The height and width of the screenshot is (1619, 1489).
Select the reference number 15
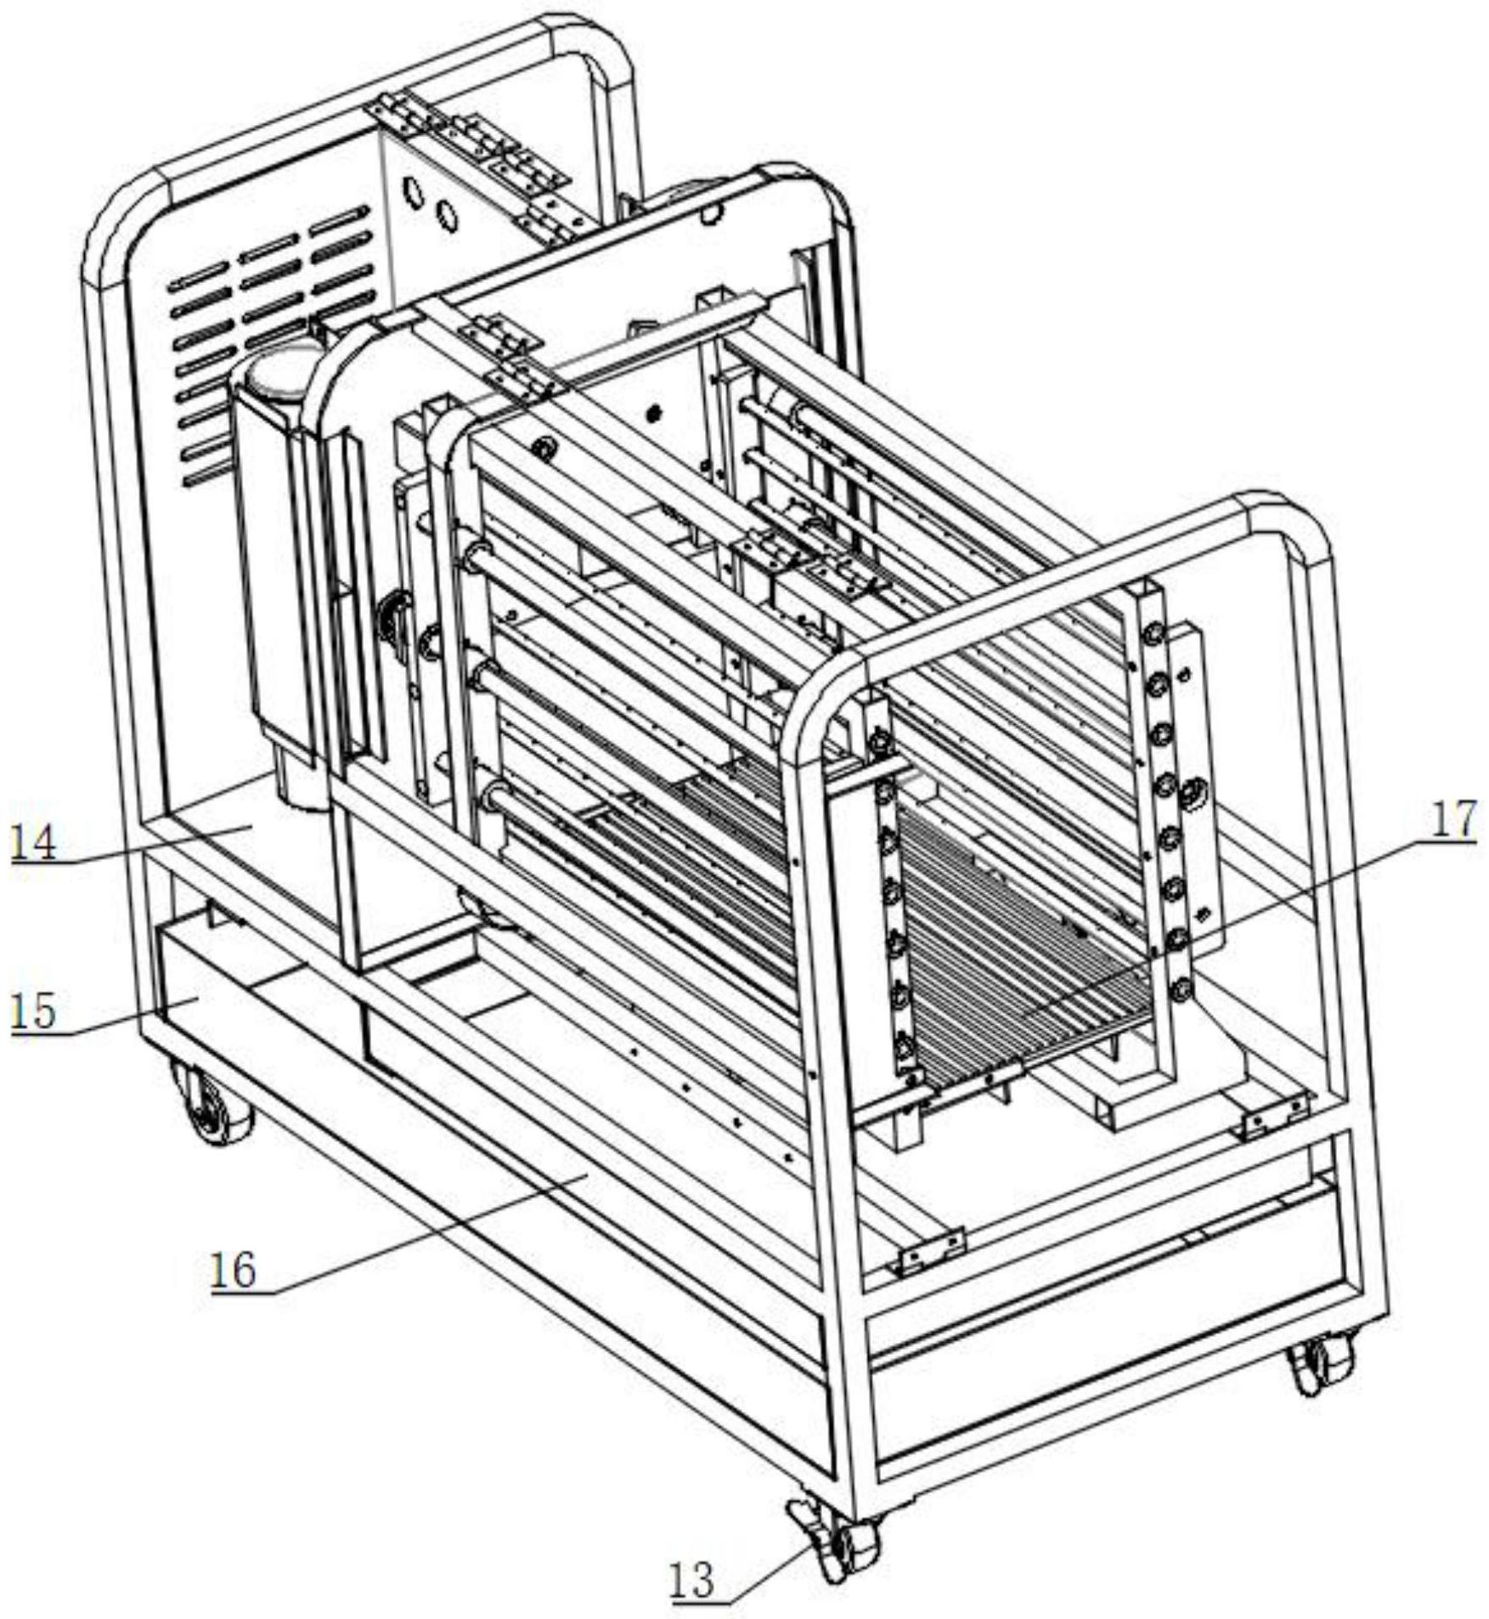point(33,1011)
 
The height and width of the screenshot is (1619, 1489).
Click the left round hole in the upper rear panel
point(413,195)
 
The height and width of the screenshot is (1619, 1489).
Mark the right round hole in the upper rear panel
point(445,216)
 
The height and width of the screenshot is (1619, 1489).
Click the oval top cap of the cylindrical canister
point(280,371)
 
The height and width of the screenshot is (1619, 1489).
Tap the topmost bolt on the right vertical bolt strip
point(1153,634)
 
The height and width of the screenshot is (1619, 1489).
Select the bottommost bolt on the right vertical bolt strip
point(1181,989)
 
